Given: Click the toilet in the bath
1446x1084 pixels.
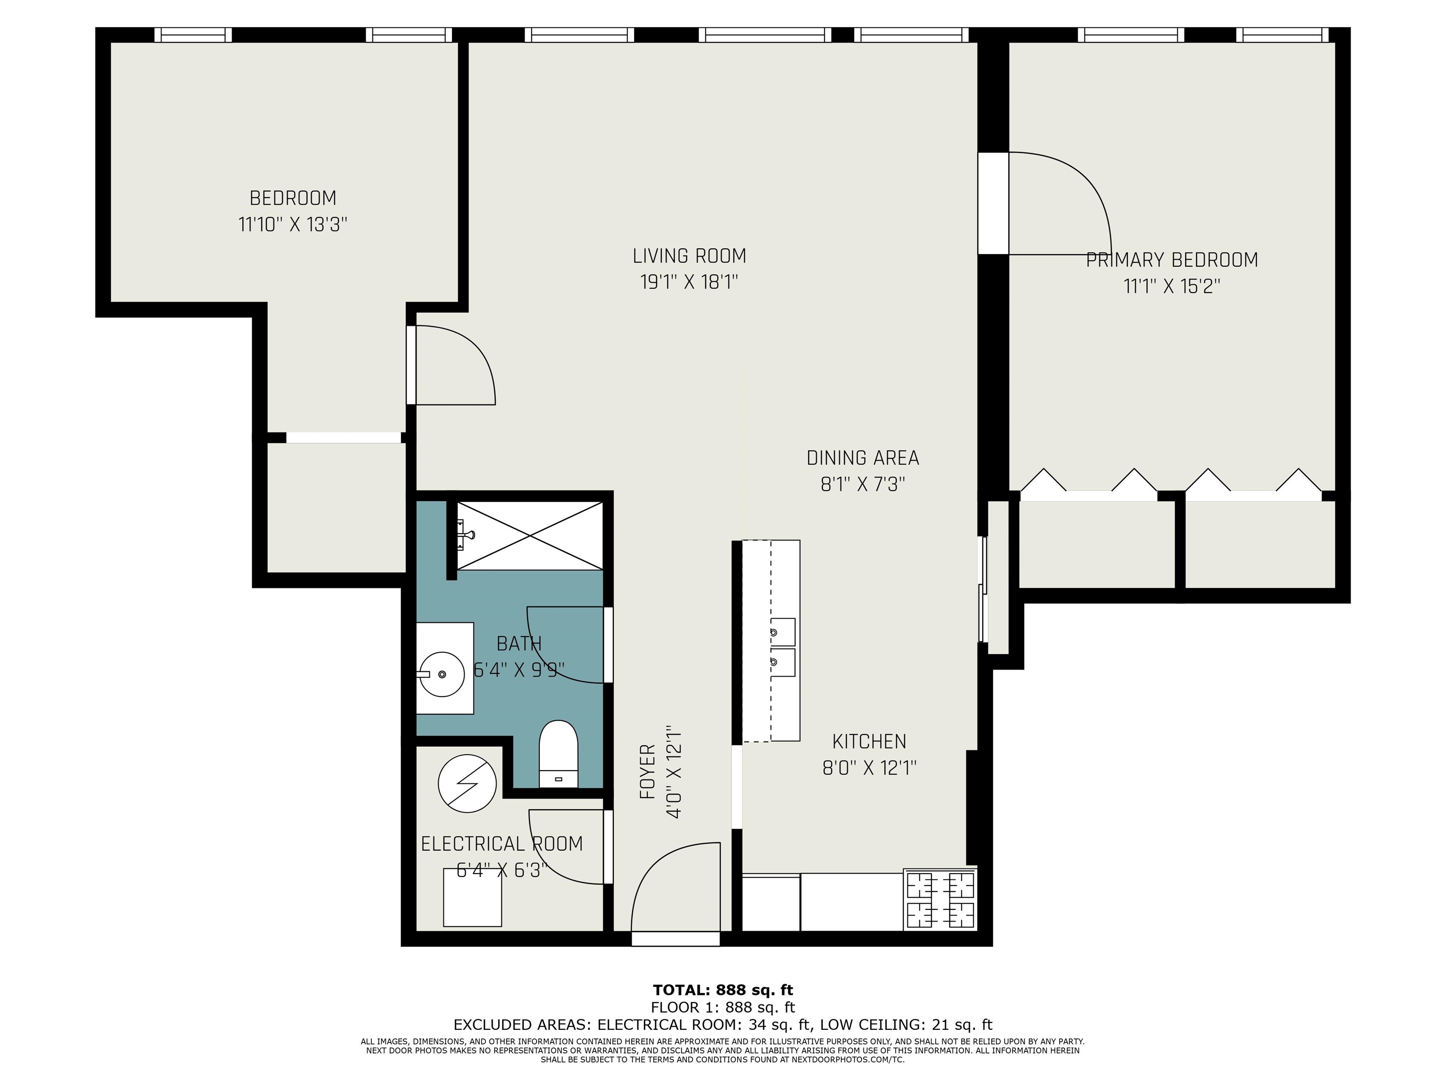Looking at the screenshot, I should (x=558, y=753).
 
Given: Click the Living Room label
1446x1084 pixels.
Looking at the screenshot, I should (x=689, y=255).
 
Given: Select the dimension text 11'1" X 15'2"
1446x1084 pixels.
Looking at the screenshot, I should (x=1172, y=286).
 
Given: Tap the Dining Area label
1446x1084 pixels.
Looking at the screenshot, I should (x=862, y=458).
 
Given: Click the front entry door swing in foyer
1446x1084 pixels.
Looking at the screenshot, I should (x=673, y=882).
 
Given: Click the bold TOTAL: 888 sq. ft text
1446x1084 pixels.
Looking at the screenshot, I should (x=723, y=990).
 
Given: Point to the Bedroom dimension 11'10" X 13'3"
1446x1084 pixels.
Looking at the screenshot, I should (x=292, y=225).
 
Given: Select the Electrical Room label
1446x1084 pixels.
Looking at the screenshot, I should (x=501, y=844).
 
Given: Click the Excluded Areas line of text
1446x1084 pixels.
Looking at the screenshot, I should (x=723, y=1025).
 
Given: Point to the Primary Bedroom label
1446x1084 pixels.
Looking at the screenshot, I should (x=1172, y=260).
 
